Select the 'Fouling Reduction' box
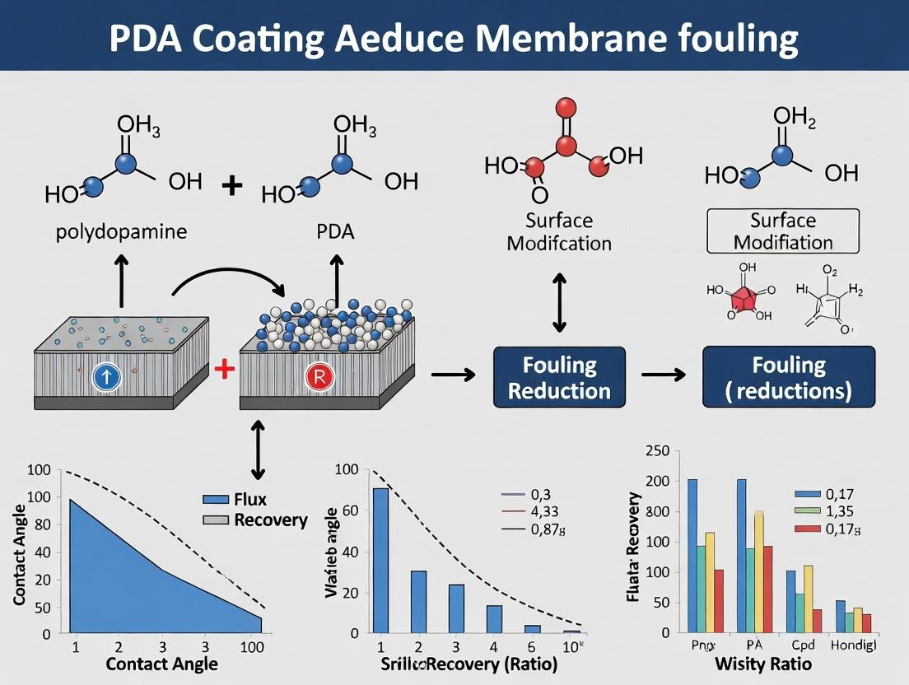559,377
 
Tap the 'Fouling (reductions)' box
788,376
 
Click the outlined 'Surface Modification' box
783,231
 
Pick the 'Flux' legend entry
249,499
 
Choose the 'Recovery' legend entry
270,520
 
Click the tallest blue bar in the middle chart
380,560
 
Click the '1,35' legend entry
843,510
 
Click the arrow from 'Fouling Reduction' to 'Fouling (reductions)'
664,375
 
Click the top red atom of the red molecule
565,107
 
